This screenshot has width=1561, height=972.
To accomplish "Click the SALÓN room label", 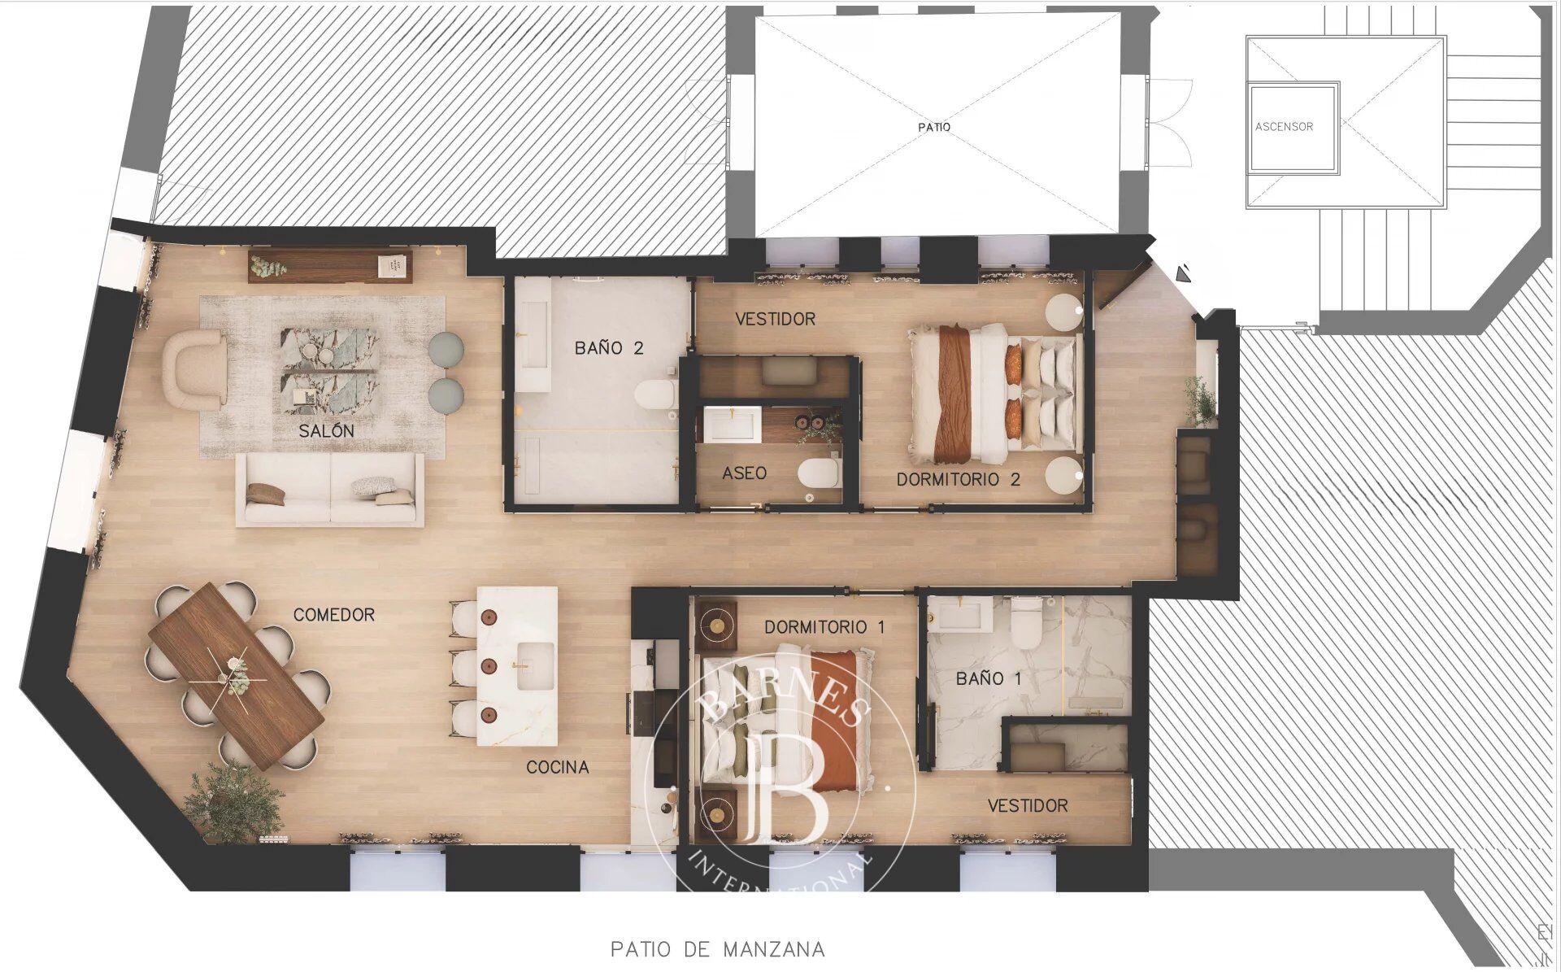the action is pyautogui.click(x=326, y=430).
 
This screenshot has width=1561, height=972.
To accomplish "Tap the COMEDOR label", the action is pyautogui.click(x=334, y=614).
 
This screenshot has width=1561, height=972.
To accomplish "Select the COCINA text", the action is pyautogui.click(x=558, y=767).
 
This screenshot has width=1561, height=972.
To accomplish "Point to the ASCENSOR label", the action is pyautogui.click(x=1284, y=126).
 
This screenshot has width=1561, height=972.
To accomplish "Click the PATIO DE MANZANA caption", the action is pyautogui.click(x=718, y=948).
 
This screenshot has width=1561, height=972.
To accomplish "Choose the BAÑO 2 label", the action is pyautogui.click(x=609, y=348).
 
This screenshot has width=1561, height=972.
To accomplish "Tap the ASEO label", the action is pyautogui.click(x=744, y=473).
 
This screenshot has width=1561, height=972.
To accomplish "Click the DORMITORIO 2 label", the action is pyautogui.click(x=958, y=479).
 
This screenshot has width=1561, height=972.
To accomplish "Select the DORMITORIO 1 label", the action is pyautogui.click(x=824, y=627).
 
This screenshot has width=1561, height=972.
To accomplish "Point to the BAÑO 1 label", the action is pyautogui.click(x=989, y=678).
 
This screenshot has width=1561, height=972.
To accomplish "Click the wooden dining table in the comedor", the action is pyautogui.click(x=236, y=675).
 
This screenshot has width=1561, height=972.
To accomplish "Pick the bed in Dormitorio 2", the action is pyautogui.click(x=995, y=391).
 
